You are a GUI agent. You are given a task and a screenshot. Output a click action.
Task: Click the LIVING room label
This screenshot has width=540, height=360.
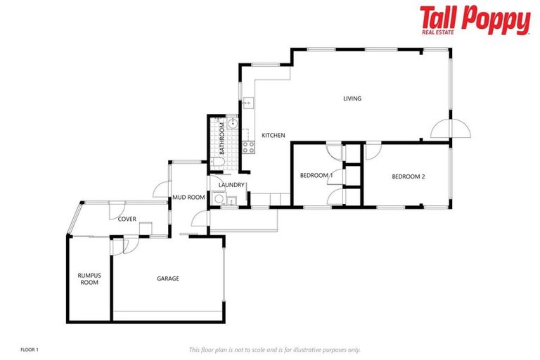tap(352, 98)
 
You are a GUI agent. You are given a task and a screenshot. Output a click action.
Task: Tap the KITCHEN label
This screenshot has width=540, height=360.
tap(273, 134)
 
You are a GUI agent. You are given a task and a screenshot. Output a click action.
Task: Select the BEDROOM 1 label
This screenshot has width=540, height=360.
tap(316, 175)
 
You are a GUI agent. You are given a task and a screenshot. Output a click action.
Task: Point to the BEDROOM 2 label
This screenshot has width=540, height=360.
tap(409, 176)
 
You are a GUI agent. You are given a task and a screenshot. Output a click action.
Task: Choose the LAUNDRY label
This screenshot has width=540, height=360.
tap(231, 185)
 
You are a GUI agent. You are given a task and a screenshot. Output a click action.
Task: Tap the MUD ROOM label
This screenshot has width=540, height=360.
tap(188, 198)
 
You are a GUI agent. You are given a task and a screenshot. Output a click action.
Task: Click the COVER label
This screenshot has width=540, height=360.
tap(127, 219)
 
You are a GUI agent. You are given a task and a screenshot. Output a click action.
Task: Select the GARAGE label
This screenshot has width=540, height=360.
tap(167, 278)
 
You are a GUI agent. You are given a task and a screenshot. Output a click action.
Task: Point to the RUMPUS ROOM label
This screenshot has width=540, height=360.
tap(88, 278)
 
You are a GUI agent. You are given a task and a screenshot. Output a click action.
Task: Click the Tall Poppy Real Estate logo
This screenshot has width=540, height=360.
tap(475, 20)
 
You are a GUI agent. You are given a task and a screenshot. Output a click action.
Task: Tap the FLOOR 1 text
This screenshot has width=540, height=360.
tap(30, 349)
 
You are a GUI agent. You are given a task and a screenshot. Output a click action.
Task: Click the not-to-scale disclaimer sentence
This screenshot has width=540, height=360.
tap(274, 349)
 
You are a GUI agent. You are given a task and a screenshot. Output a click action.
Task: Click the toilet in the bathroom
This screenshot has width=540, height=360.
tap(217, 163)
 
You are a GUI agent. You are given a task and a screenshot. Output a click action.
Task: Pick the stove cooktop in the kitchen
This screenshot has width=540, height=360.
tap(247, 147)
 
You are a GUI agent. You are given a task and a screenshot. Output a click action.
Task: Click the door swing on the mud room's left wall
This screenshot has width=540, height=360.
tap(161, 190)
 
